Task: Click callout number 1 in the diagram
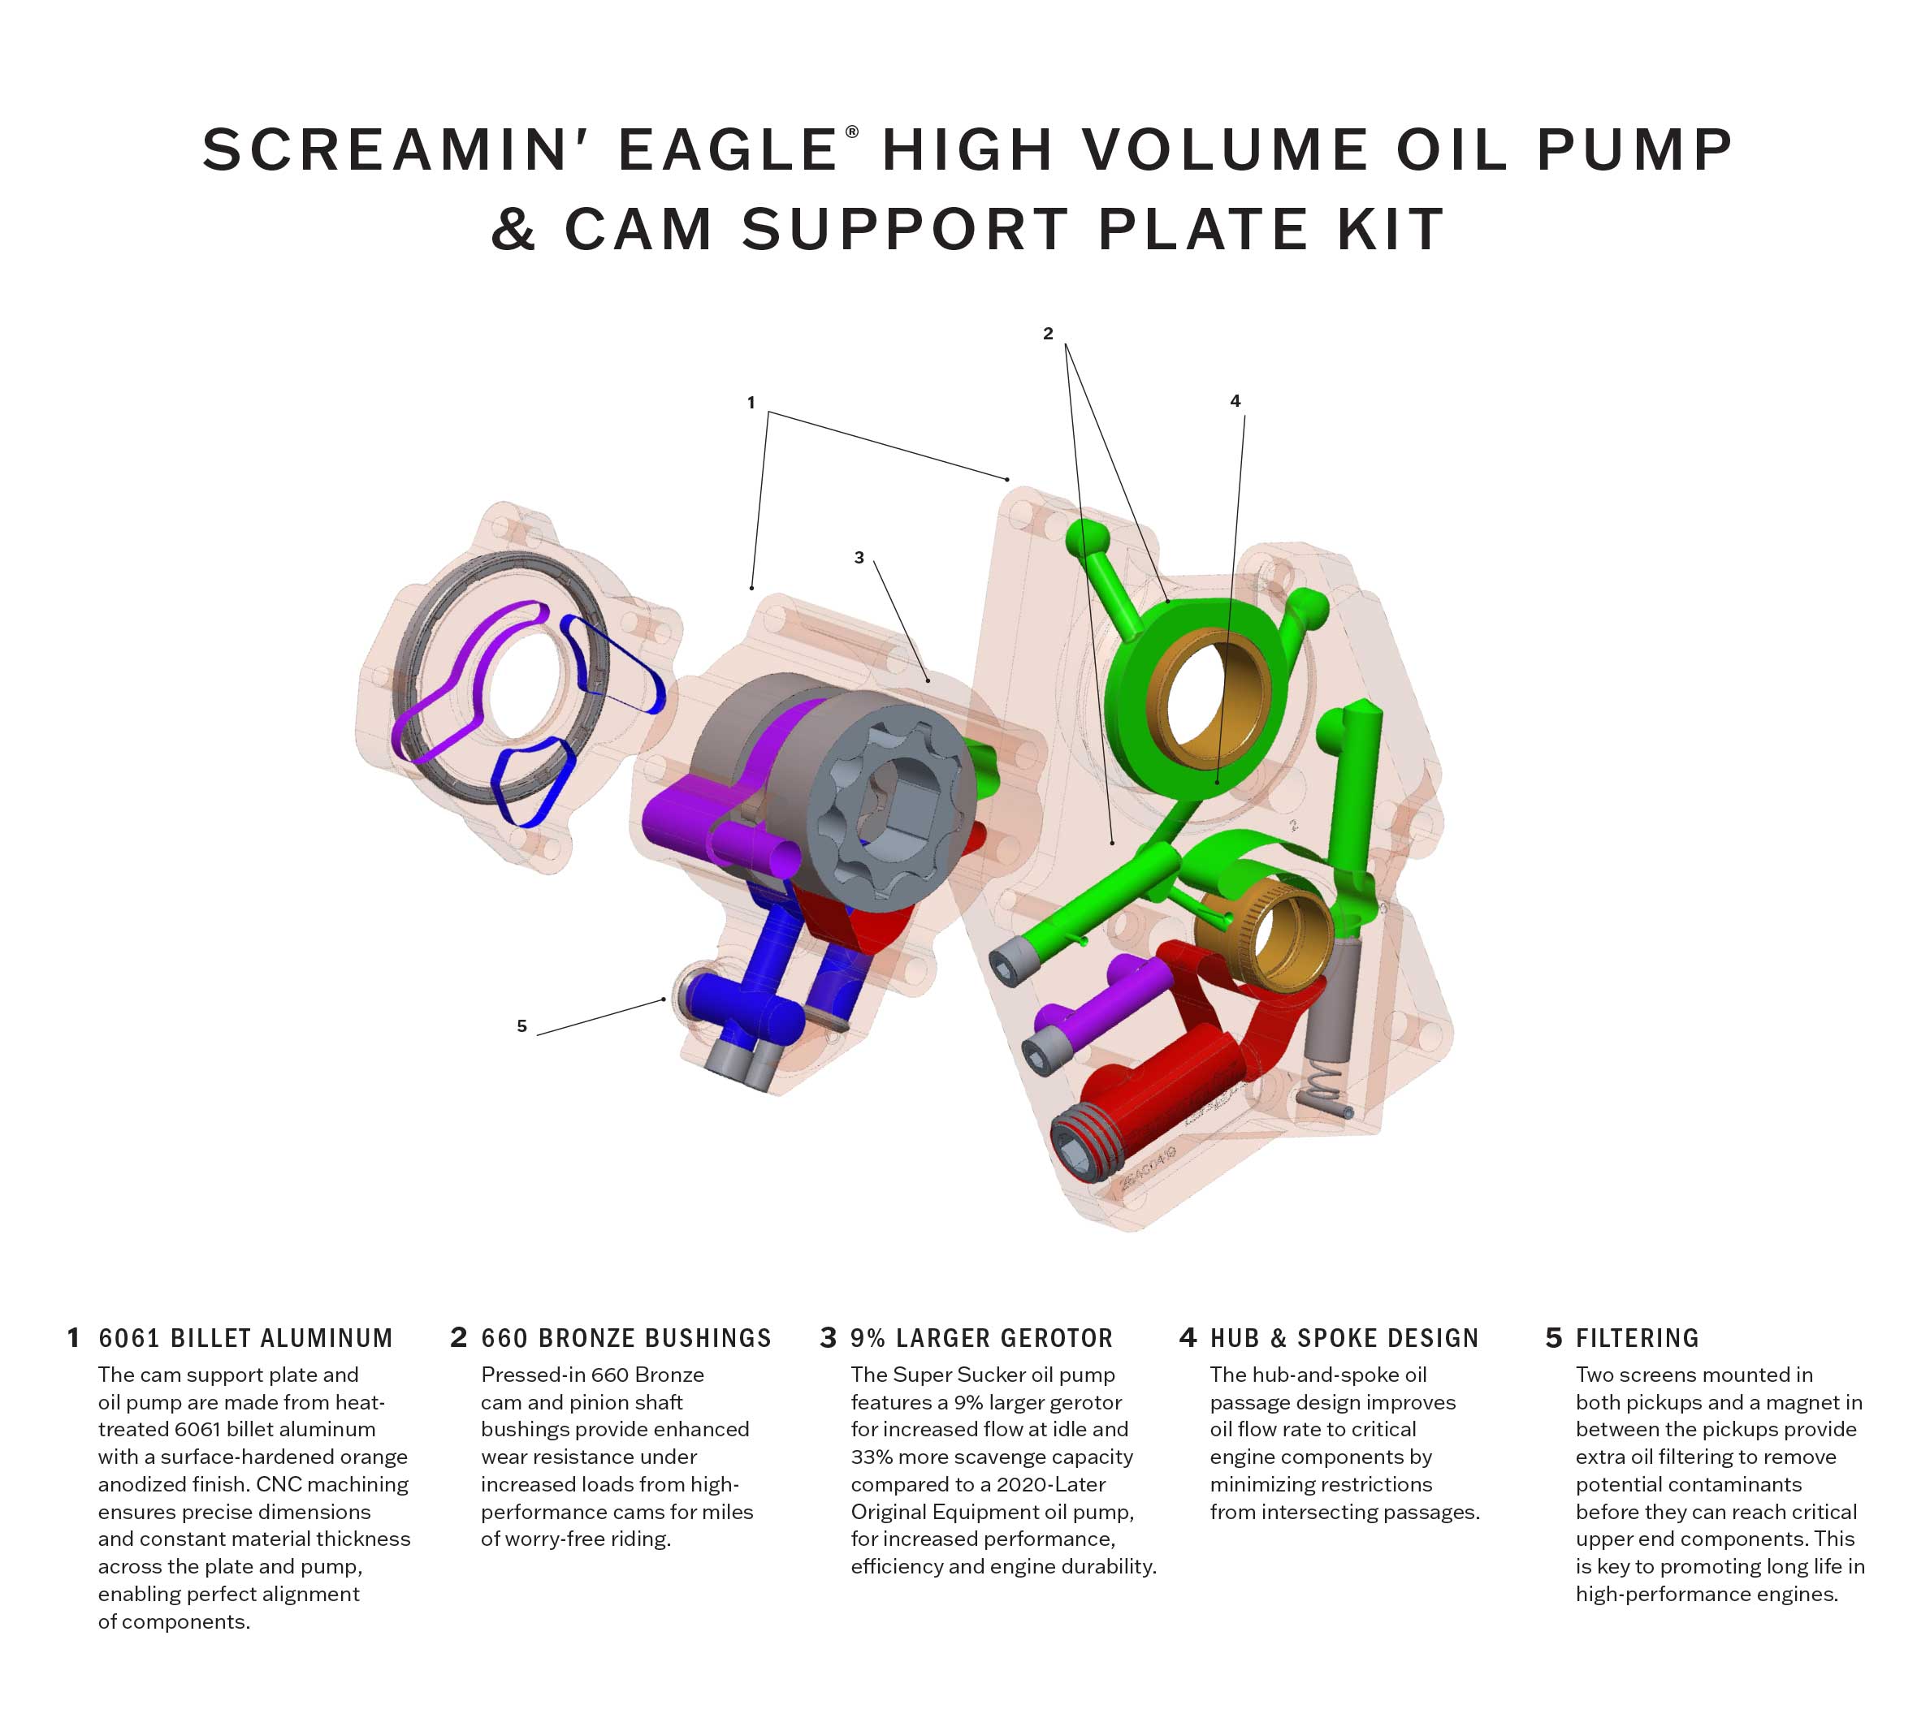coord(751,403)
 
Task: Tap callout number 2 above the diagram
coord(1048,334)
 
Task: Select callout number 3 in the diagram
coord(859,558)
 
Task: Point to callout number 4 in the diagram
coord(1235,401)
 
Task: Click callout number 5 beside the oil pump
coord(521,1025)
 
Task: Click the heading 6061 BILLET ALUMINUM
coord(245,1338)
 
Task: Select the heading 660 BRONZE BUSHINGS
coord(625,1338)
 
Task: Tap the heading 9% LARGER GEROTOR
coord(981,1338)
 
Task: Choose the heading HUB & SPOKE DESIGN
coord(1344,1338)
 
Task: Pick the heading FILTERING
coord(1637,1338)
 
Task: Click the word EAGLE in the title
coord(728,150)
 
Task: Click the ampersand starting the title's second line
coord(513,230)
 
